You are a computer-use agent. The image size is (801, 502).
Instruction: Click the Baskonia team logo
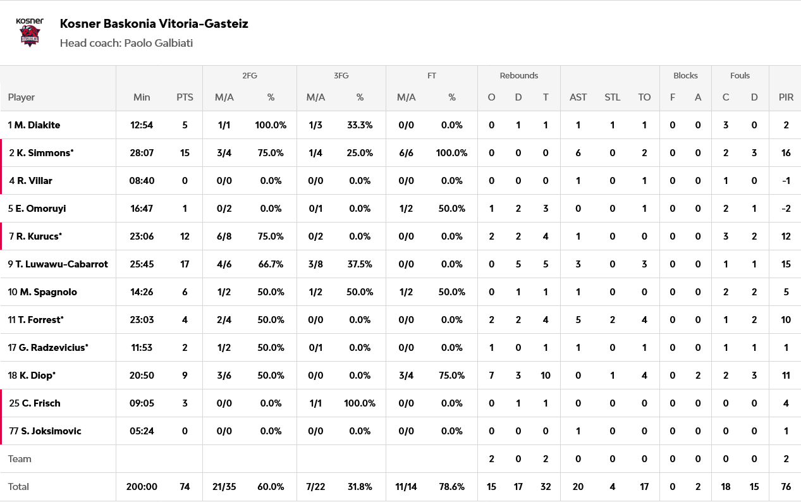[30, 32]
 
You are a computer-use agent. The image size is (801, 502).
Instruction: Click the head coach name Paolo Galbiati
[158, 43]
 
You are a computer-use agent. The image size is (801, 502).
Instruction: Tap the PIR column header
[786, 97]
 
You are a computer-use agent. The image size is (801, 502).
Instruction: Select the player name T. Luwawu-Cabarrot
[58, 264]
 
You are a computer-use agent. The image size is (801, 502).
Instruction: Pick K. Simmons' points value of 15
[185, 153]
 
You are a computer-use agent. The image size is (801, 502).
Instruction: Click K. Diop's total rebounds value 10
[545, 376]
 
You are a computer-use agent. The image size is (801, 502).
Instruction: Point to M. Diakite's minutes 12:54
[142, 125]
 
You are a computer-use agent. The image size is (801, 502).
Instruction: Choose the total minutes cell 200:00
[142, 487]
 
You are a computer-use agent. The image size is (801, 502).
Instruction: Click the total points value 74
[185, 487]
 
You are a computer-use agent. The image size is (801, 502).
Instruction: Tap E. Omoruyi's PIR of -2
[786, 209]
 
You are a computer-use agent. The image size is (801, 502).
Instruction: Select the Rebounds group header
[518, 76]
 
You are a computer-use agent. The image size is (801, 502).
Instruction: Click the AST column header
[578, 97]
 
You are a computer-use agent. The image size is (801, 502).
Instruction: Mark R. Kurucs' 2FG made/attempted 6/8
[224, 236]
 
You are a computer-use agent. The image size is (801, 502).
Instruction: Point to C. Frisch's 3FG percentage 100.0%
[360, 403]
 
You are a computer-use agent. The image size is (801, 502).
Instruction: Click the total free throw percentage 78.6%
[451, 487]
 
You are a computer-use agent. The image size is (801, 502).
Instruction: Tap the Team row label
[20, 459]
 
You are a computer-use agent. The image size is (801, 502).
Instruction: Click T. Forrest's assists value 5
[578, 320]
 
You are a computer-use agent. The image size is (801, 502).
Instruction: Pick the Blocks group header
[685, 76]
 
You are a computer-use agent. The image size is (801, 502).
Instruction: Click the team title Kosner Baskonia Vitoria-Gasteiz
[154, 24]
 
